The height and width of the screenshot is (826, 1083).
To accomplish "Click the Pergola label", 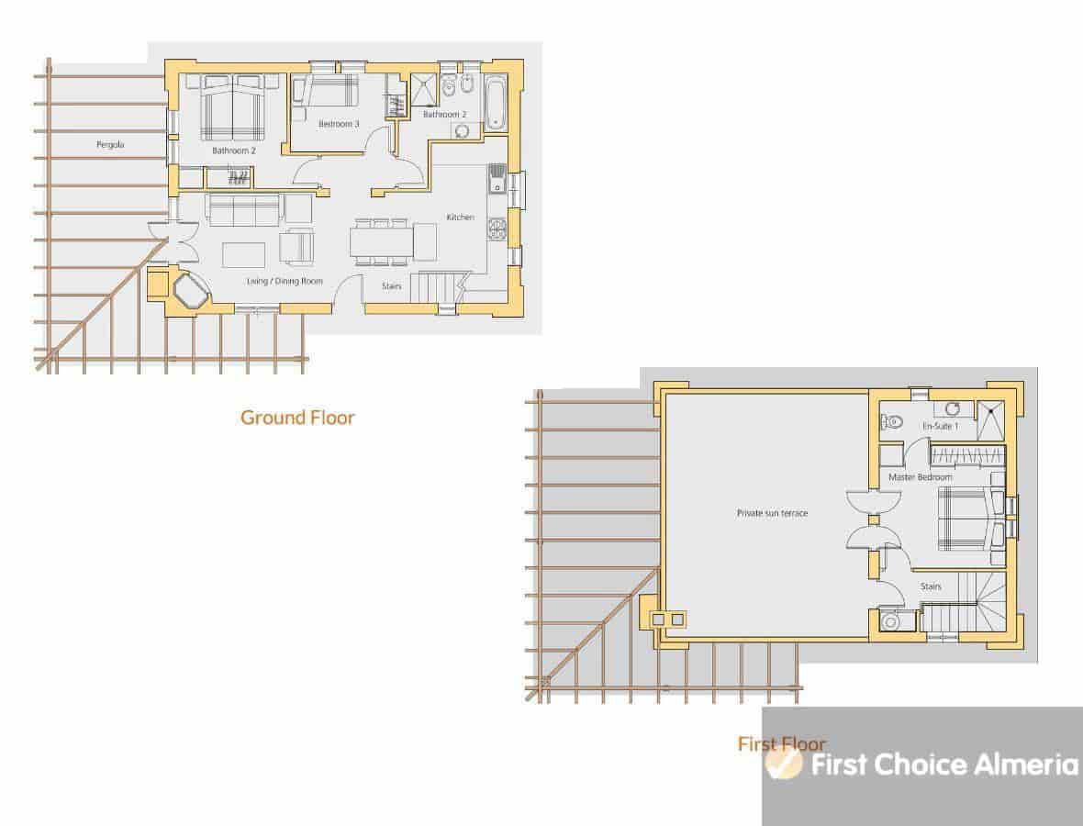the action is [110, 144].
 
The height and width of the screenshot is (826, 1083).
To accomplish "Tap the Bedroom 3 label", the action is [339, 124].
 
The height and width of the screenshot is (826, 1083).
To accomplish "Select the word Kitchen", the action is [460, 217].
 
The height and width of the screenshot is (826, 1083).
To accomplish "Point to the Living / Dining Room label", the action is [285, 281].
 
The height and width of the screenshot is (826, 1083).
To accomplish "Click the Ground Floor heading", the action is [297, 418].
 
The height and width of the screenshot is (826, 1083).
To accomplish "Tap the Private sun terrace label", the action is [772, 513].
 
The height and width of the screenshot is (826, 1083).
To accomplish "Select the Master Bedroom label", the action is [920, 476].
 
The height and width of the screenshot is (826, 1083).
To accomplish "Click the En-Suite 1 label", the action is [940, 426].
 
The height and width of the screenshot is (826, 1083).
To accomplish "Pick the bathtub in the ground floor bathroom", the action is [496, 104].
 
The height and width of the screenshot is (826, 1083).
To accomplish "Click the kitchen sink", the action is [497, 179].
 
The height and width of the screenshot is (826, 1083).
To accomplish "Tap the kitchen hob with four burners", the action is [497, 229].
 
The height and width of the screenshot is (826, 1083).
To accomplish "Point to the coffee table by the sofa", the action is [244, 255].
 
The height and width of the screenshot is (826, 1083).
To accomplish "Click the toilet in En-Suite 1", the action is [892, 420].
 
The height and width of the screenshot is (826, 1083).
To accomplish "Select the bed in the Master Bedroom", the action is [968, 519].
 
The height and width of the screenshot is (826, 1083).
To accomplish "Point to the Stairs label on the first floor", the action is [931, 586].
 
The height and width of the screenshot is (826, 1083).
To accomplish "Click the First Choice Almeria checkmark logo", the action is [784, 764].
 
